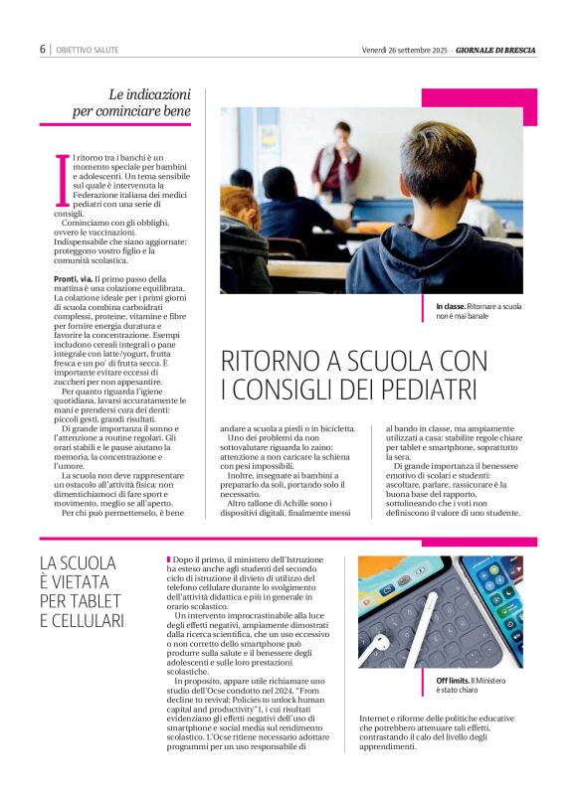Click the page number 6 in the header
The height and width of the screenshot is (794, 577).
coord(42,49)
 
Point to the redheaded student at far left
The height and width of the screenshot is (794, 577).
coord(238,218)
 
